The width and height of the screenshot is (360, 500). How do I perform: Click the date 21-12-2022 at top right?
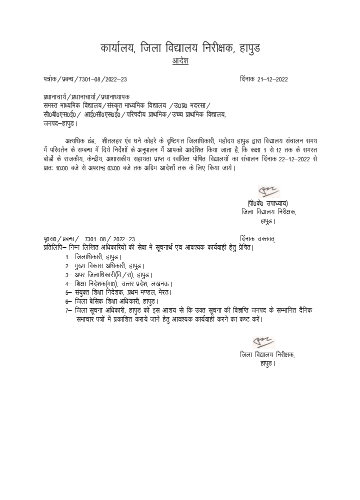point(272,79)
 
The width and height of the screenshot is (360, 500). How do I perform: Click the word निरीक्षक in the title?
point(216,48)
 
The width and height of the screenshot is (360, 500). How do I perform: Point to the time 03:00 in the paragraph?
point(132,167)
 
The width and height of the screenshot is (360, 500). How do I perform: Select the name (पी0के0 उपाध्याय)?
point(267,203)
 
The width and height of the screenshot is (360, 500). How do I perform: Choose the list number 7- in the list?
point(68,310)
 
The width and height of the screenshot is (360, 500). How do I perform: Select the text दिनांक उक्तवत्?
point(257,239)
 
